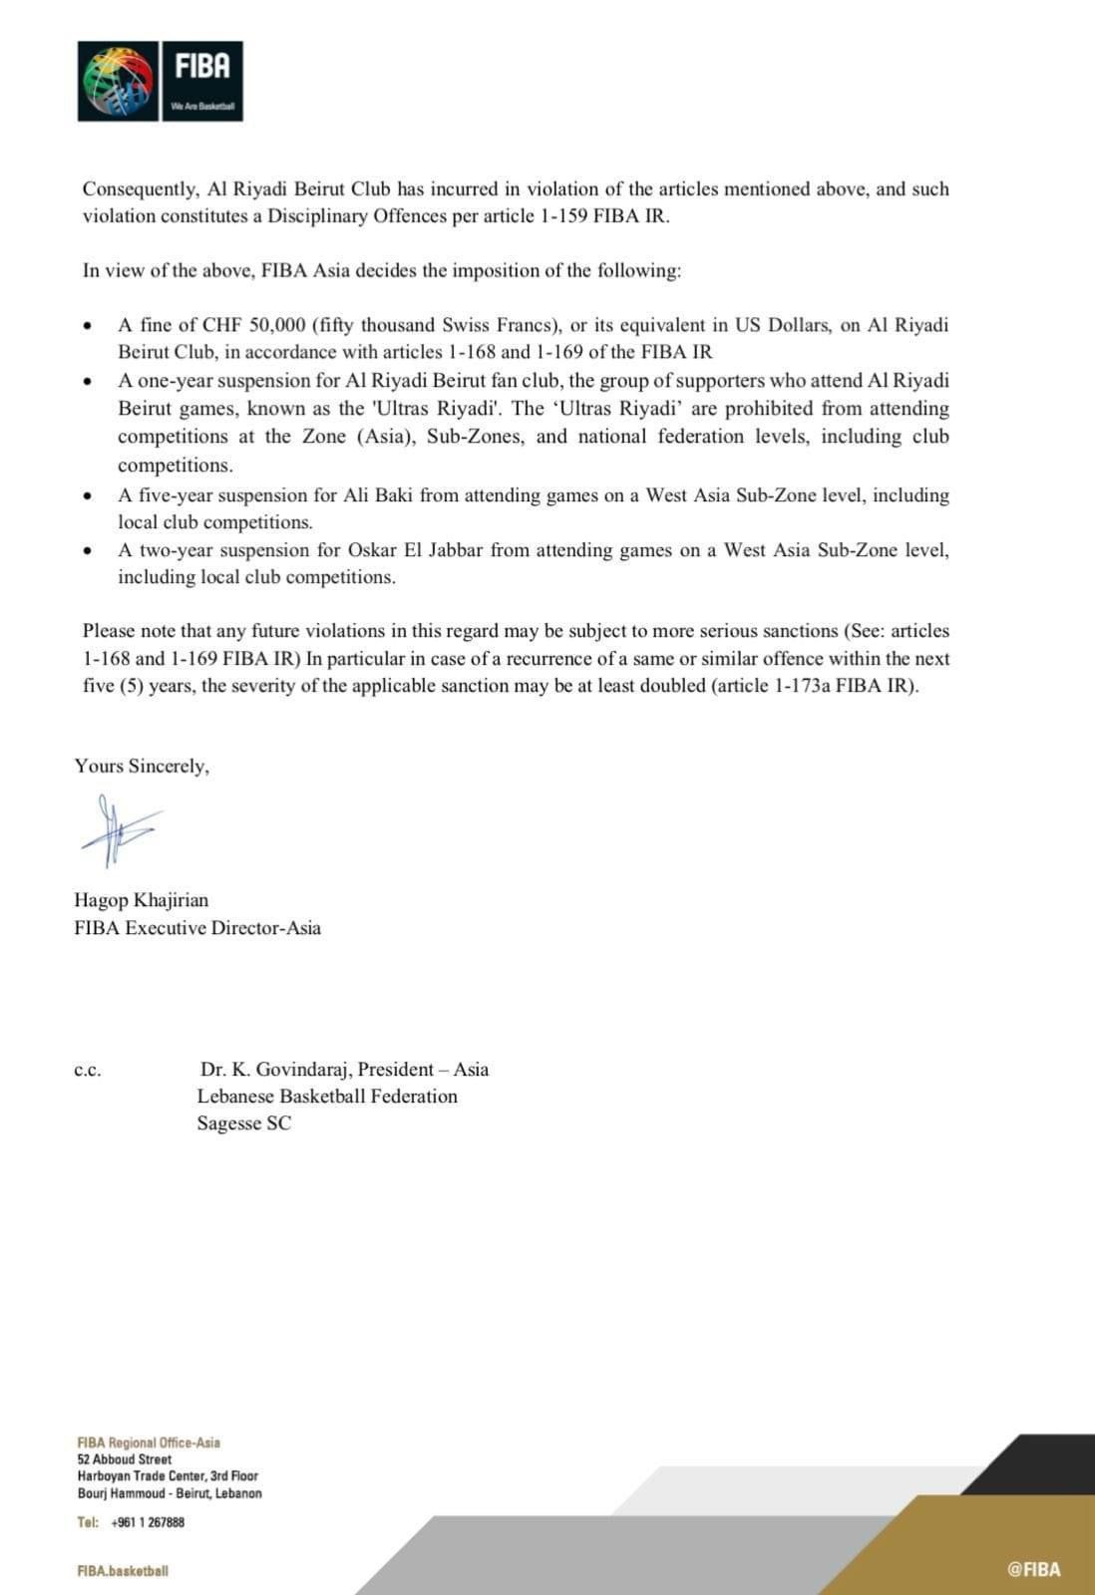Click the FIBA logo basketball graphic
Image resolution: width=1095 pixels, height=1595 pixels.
tap(119, 81)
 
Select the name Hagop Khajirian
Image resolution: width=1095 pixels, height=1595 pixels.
tap(141, 900)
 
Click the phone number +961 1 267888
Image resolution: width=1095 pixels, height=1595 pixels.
tap(148, 1522)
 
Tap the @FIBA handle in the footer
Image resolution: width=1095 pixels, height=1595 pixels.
tap(1033, 1569)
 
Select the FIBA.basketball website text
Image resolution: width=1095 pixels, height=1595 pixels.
tap(123, 1571)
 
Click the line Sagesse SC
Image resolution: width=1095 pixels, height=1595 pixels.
tap(244, 1123)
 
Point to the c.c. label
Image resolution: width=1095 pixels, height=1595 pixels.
tap(87, 1071)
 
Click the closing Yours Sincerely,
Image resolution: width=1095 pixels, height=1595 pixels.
tap(142, 766)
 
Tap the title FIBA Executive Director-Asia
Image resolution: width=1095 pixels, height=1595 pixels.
tap(197, 928)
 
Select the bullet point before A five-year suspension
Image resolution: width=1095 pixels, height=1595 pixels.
tap(89, 495)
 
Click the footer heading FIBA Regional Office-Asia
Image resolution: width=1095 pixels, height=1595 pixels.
tap(149, 1442)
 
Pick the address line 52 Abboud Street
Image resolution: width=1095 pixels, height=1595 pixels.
tap(124, 1459)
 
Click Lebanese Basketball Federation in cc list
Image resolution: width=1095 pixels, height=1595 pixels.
tap(327, 1097)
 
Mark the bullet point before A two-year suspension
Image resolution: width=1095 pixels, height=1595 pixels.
tap(89, 550)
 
